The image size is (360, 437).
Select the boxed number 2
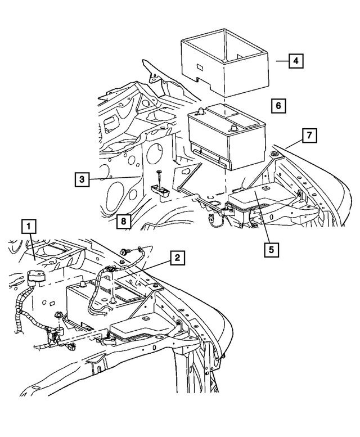(x=177, y=258)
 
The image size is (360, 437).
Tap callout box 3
(x=82, y=179)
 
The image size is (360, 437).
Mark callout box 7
(x=309, y=135)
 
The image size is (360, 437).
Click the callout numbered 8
(x=123, y=221)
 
